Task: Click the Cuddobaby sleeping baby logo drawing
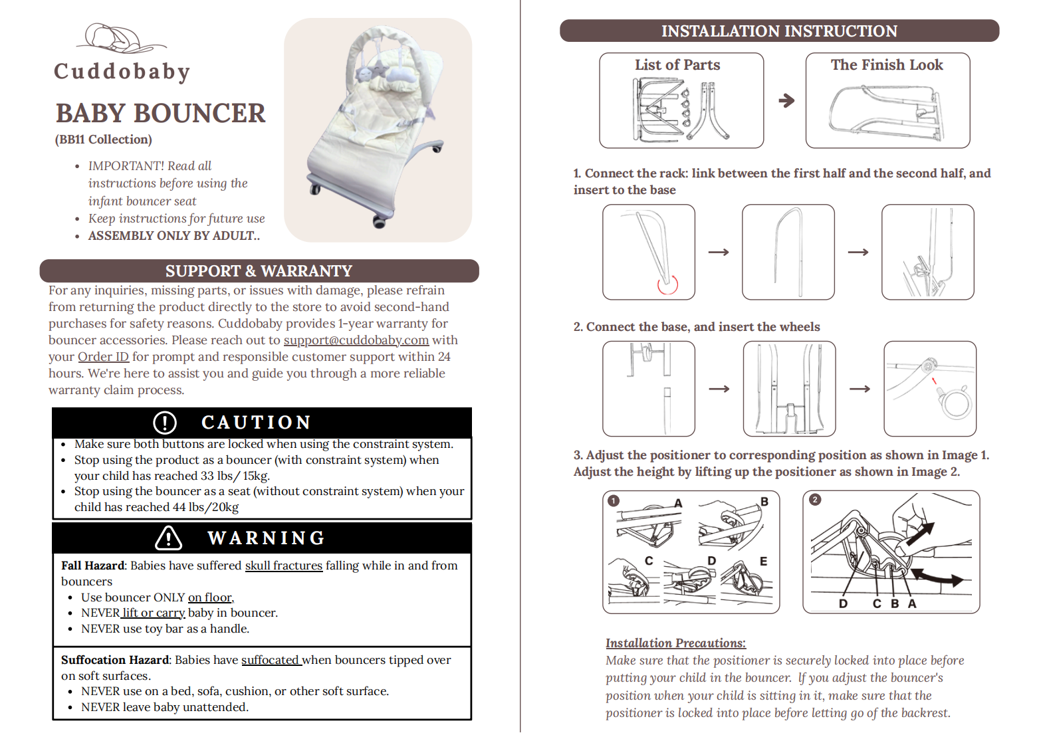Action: (121, 39)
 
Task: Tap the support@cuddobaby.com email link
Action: (356, 340)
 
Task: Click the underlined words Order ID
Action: (103, 357)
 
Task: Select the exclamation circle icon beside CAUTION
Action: (165, 423)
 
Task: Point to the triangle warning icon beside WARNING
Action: (169, 538)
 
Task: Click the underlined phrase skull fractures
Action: (284, 566)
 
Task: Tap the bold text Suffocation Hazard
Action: (115, 660)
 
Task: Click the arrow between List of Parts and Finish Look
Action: (786, 100)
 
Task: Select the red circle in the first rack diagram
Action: (667, 284)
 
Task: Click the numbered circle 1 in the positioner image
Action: (614, 500)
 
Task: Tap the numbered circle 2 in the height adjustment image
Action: (815, 500)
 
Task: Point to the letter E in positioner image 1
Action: (763, 562)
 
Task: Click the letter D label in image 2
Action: (843, 603)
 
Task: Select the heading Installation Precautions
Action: (675, 643)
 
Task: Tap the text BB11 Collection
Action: (103, 140)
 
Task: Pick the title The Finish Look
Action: (887, 64)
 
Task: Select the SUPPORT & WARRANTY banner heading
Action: (259, 270)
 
